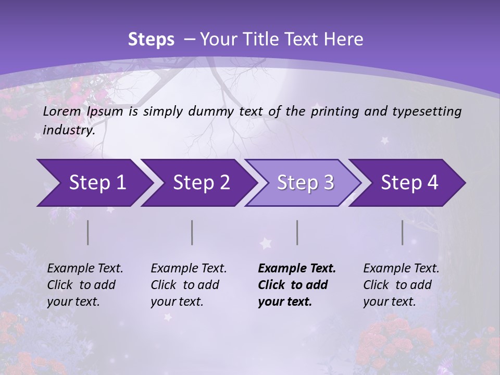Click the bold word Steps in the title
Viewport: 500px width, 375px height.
click(151, 39)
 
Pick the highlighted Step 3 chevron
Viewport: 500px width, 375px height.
click(304, 182)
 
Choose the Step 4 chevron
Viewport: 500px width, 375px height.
click(408, 182)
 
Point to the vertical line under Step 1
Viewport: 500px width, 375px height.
click(88, 232)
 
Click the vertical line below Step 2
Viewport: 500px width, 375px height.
click(192, 232)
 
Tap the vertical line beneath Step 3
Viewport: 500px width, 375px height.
click(297, 232)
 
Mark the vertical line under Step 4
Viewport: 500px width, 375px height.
click(403, 232)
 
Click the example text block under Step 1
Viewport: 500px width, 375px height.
click(85, 285)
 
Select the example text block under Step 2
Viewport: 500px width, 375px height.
click(189, 285)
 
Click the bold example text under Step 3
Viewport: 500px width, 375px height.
click(296, 285)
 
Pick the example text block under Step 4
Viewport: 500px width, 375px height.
click(401, 285)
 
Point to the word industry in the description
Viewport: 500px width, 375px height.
click(69, 130)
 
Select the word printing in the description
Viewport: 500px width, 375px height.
click(334, 111)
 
